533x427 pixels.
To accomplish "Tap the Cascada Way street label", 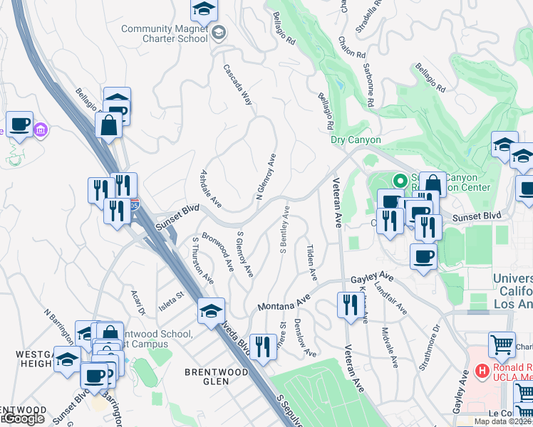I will [238, 85].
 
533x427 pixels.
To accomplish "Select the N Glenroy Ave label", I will [265, 176].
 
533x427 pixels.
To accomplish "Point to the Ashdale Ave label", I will [211, 189].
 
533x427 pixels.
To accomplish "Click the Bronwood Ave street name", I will [218, 251].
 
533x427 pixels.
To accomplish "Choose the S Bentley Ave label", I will [285, 230].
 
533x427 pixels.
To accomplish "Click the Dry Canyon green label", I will [356, 140].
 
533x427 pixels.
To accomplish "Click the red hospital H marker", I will [482, 371].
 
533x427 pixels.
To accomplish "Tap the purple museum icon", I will [41, 130].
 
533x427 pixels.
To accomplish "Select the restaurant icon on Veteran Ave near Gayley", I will [349, 305].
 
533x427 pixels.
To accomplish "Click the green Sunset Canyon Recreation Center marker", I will [400, 181].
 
